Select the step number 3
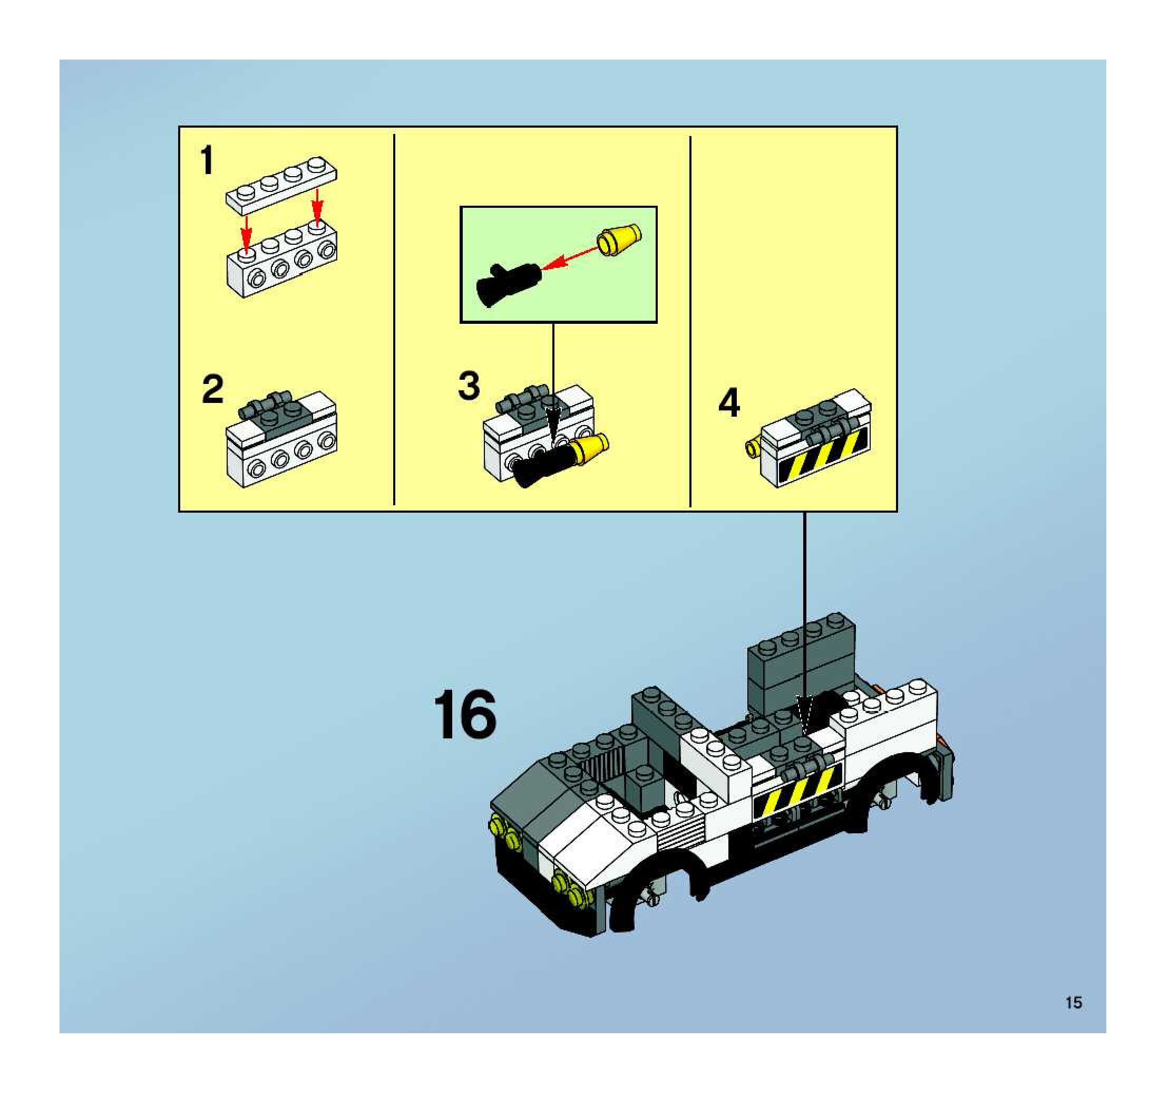pyautogui.click(x=469, y=386)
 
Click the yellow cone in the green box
pyautogui.click(x=619, y=240)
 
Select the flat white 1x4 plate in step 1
pyautogui.click(x=281, y=185)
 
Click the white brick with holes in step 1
pyautogui.click(x=281, y=259)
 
